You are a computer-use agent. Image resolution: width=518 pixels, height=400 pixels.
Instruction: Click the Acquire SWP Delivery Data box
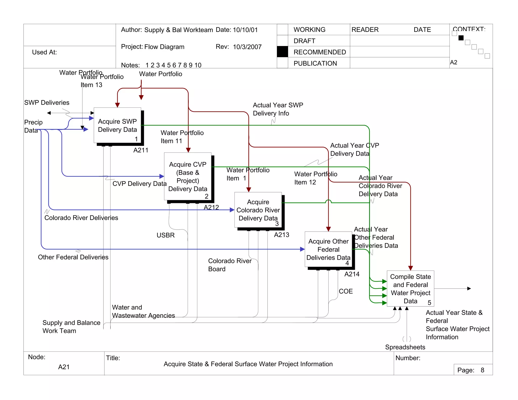pyautogui.click(x=117, y=125)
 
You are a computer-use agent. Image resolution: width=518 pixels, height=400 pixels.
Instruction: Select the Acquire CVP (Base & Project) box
pyautogui.click(x=188, y=176)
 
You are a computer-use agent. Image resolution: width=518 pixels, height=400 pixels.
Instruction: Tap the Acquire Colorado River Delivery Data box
pyautogui.click(x=258, y=210)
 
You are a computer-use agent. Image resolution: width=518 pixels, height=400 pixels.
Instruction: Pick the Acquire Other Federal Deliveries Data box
pyautogui.click(x=328, y=249)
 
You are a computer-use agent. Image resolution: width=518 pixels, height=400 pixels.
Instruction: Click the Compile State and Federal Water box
pyautogui.click(x=410, y=288)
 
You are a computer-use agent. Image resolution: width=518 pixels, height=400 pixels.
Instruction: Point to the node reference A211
pyautogui.click(x=141, y=150)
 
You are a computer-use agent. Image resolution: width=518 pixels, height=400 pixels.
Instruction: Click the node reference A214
pyautogui.click(x=352, y=274)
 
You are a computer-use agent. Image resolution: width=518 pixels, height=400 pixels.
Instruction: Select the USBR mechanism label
pyautogui.click(x=166, y=235)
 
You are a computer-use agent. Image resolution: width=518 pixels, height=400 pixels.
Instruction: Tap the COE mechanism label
pyautogui.click(x=346, y=291)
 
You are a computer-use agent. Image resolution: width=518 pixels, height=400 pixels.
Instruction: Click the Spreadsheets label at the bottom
pyautogui.click(x=405, y=347)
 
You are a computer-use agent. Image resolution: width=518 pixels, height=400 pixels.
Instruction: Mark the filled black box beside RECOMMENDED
pyautogui.click(x=282, y=52)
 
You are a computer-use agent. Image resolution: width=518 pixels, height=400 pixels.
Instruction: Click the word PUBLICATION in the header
pyautogui.click(x=315, y=63)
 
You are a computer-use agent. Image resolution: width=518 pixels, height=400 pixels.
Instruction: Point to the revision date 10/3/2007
pyautogui.click(x=247, y=47)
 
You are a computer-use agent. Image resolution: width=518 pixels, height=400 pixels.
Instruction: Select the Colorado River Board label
pyautogui.click(x=229, y=265)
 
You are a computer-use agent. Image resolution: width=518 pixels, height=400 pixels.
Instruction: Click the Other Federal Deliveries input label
pyautogui.click(x=73, y=257)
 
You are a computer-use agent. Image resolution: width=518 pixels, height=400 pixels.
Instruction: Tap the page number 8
pyautogui.click(x=482, y=370)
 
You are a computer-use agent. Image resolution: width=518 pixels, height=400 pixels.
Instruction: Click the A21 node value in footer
pyautogui.click(x=64, y=367)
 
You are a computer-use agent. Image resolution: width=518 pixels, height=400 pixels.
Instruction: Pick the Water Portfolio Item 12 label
pyautogui.click(x=315, y=178)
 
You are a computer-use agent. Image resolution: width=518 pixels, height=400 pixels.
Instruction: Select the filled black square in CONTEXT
pyautogui.click(x=461, y=38)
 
